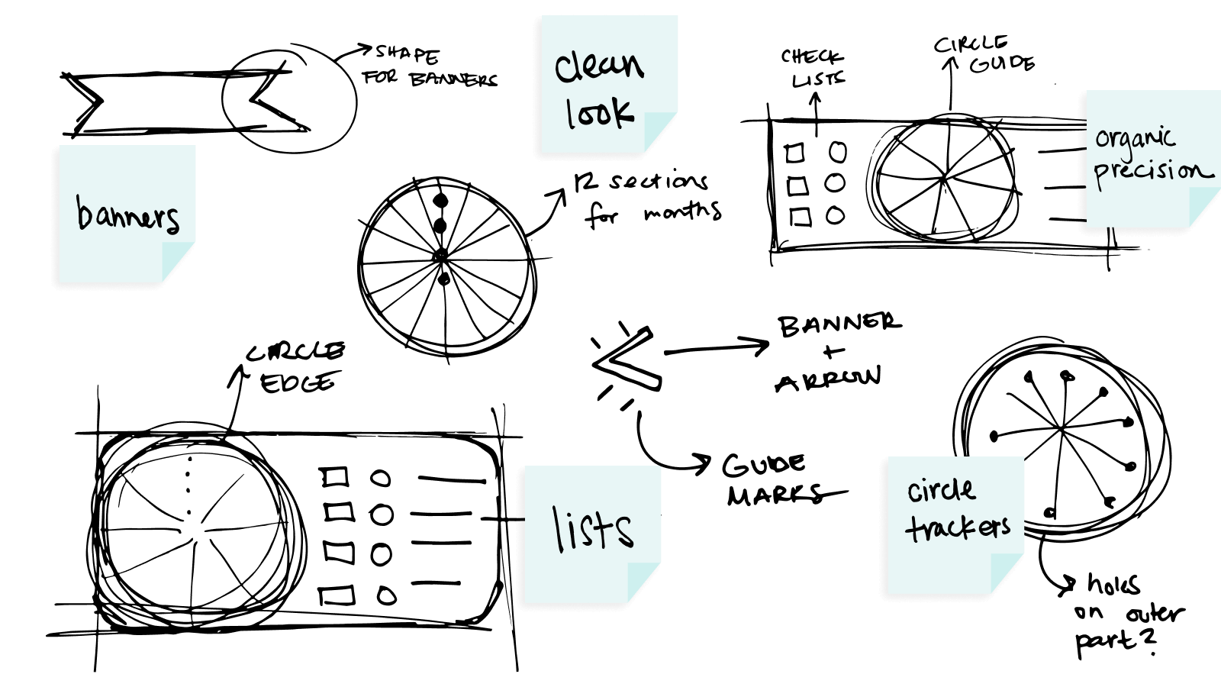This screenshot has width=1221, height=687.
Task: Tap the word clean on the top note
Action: point(599,66)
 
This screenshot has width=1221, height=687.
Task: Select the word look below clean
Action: point(600,112)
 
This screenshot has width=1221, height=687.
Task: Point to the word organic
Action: point(1135,138)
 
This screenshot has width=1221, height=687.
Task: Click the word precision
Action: point(1152,172)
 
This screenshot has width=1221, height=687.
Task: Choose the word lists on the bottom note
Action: point(593,528)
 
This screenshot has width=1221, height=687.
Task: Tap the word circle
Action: point(942,489)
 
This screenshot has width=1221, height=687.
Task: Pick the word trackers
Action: point(958,527)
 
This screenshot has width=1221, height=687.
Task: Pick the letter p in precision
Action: point(1100,175)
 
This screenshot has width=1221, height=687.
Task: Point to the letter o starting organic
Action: point(1102,140)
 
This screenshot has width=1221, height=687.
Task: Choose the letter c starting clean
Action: point(565,69)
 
